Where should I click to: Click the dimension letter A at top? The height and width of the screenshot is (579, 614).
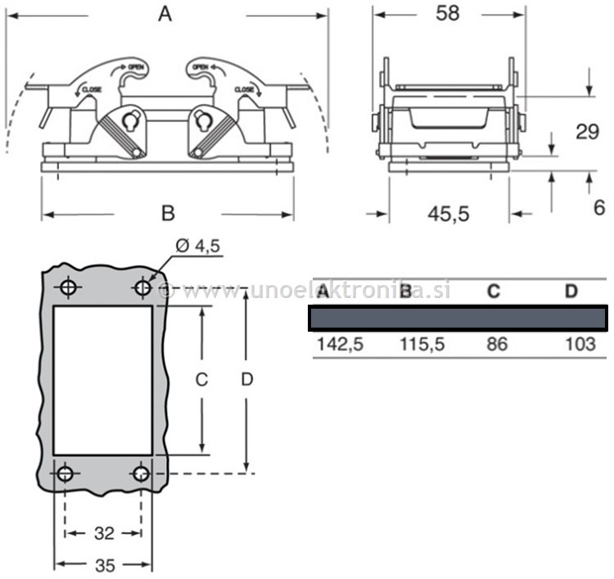pyautogui.click(x=165, y=14)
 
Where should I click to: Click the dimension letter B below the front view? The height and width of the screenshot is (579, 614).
pyautogui.click(x=167, y=213)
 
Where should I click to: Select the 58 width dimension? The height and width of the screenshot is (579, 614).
pyautogui.click(x=446, y=13)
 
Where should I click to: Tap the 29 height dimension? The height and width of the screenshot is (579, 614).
pyautogui.click(x=587, y=131)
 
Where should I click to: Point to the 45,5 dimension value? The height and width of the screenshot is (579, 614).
pyautogui.click(x=449, y=214)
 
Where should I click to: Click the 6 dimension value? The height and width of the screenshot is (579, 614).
pyautogui.click(x=598, y=206)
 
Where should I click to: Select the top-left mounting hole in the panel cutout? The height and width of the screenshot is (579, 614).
pyautogui.click(x=67, y=287)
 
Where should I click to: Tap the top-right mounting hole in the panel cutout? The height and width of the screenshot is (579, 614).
pyautogui.click(x=142, y=287)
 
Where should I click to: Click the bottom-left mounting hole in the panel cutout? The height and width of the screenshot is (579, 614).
pyautogui.click(x=66, y=474)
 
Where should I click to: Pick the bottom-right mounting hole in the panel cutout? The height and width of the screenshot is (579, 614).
pyautogui.click(x=142, y=474)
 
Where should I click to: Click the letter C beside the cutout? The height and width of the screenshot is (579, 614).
pyautogui.click(x=201, y=380)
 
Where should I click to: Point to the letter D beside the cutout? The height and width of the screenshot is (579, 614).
pyautogui.click(x=245, y=380)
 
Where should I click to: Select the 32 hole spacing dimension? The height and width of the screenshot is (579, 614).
pyautogui.click(x=104, y=534)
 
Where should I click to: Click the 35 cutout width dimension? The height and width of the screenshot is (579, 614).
pyautogui.click(x=104, y=564)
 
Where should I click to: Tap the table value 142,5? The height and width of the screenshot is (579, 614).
pyautogui.click(x=340, y=344)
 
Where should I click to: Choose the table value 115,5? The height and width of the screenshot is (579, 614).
pyautogui.click(x=422, y=344)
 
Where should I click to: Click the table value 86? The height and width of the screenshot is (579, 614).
pyautogui.click(x=496, y=344)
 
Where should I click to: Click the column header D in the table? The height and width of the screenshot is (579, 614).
pyautogui.click(x=571, y=292)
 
